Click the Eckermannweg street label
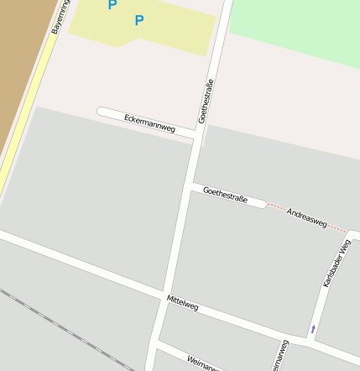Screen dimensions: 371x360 click(149, 123)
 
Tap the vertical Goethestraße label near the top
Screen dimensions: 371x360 click(206, 102)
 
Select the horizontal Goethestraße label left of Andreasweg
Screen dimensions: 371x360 click(225, 196)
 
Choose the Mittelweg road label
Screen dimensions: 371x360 click(182, 303)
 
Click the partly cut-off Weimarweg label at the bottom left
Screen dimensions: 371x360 click(204, 363)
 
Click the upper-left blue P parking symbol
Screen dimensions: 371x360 click(112, 5)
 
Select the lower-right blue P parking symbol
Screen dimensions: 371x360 click(139, 20)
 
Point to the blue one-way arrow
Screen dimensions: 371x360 click(313, 329)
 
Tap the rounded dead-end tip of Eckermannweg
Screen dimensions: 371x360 click(102, 111)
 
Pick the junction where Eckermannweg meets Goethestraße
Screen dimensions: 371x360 click(196, 136)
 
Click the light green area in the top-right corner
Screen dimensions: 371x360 click(294, 25)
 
